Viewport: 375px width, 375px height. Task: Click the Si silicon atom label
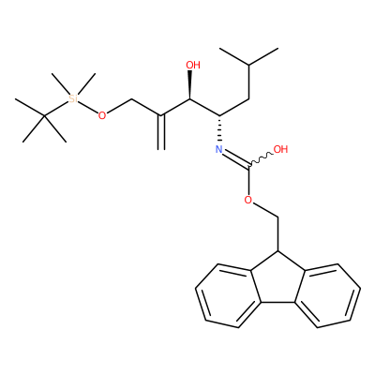73,98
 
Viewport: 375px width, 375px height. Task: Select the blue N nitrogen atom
219,149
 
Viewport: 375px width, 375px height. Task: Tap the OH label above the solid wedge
193,65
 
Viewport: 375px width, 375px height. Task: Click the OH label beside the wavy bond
280,149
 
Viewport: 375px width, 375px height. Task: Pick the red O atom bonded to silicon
102,115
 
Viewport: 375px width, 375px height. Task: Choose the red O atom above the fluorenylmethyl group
248,200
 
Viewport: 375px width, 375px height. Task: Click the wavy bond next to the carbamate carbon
261,159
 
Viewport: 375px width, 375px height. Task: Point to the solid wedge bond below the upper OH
189,84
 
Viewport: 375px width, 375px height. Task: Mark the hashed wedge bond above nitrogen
219,129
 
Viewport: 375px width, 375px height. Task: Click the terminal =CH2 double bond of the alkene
161,133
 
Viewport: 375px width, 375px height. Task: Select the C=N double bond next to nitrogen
235,158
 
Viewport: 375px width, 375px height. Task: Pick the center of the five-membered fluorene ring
277,283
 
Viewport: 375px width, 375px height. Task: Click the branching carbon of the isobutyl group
249,65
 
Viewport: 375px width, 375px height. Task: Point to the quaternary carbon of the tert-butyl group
44,115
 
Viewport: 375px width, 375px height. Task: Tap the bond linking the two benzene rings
277,303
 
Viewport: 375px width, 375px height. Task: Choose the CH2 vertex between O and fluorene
277,217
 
